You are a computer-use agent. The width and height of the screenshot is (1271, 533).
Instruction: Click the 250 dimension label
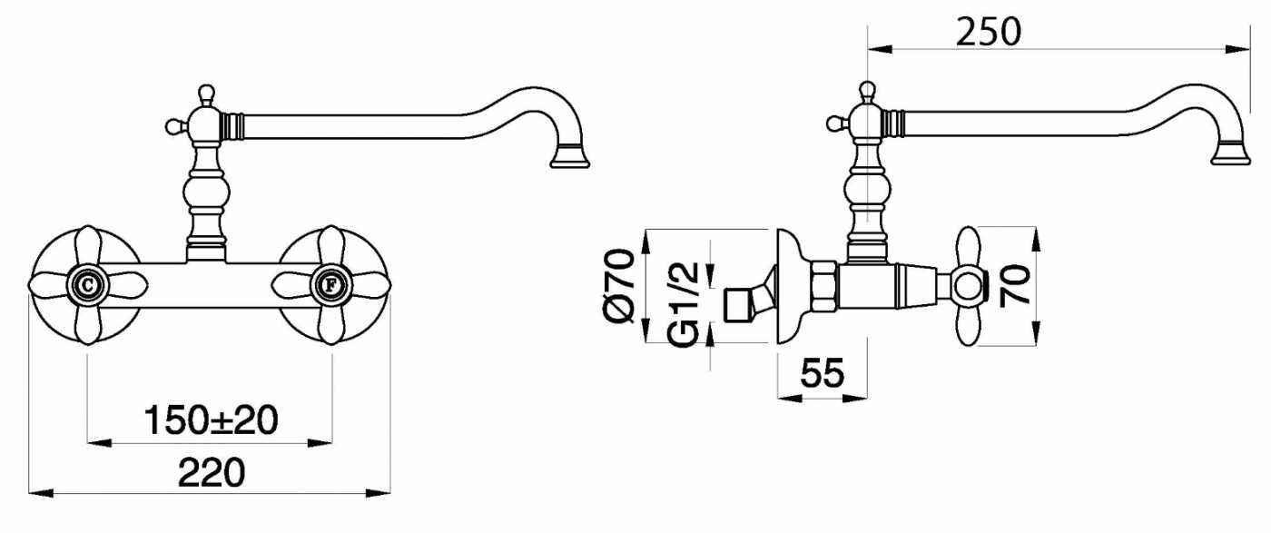tap(989, 32)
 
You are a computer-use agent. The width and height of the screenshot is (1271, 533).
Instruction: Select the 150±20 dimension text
tap(211, 420)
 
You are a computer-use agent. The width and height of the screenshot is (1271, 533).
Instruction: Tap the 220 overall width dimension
tap(211, 473)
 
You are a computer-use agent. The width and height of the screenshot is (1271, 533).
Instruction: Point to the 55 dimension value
tap(823, 373)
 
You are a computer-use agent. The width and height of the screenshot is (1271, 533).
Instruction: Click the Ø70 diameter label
tap(619, 286)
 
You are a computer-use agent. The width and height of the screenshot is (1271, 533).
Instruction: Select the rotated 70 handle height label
tap(1015, 286)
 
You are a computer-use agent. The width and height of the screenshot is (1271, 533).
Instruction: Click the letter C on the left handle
tap(88, 285)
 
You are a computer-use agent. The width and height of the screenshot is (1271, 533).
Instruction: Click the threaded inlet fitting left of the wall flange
tap(749, 298)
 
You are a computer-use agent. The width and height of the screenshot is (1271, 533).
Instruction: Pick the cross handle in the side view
tap(969, 286)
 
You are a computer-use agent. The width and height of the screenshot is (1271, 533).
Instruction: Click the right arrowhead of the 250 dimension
tap(1237, 49)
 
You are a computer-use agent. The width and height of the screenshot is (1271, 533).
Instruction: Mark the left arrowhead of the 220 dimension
tap(41, 493)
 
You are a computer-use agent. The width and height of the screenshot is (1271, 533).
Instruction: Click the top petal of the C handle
tap(88, 248)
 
